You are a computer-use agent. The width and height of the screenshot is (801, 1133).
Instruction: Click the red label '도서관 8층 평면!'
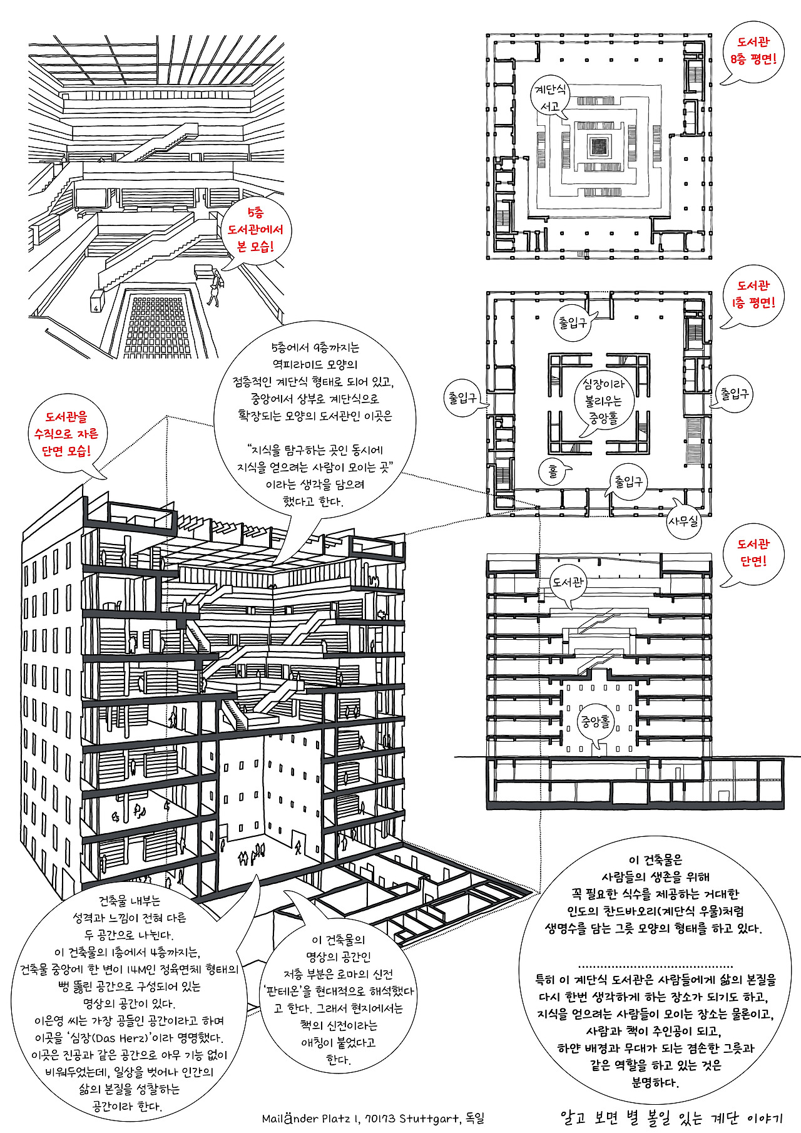tap(753, 51)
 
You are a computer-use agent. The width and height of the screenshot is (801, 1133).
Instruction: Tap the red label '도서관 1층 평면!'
tap(753, 294)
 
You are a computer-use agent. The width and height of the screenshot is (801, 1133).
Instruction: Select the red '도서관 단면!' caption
tap(753, 553)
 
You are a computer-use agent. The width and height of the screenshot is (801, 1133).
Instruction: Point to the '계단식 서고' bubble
tap(550, 98)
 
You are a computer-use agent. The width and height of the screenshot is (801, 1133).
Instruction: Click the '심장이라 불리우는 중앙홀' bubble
tap(604, 401)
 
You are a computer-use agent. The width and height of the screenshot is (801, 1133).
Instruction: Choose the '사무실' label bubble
tap(683, 520)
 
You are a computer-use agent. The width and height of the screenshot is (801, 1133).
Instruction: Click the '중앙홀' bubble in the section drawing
tap(595, 722)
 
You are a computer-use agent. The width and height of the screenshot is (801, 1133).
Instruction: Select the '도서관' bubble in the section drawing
tap(568, 582)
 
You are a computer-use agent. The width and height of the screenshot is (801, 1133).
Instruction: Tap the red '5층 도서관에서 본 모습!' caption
tap(255, 230)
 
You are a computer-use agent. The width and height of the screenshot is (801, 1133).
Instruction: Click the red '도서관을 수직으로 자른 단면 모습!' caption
tap(66, 434)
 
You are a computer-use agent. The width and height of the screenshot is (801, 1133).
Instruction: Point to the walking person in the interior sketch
tap(215, 289)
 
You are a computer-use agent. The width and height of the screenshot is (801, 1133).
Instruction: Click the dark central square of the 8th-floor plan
tap(599, 146)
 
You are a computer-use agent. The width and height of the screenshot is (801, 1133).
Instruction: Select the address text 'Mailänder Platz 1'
tap(310, 1118)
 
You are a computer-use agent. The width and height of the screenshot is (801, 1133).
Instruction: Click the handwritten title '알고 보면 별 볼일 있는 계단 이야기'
tap(671, 1117)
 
